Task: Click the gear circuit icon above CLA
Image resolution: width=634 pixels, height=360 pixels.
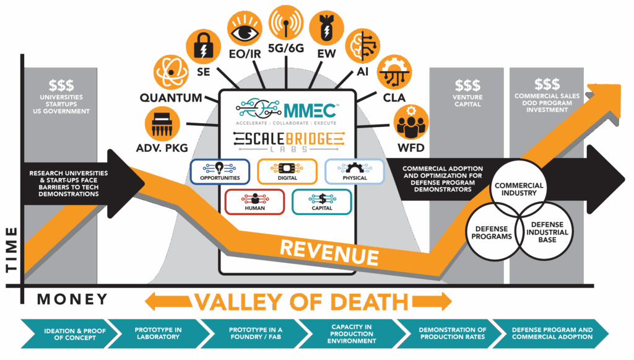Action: (393, 73)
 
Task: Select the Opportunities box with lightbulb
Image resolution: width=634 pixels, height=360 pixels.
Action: (220, 172)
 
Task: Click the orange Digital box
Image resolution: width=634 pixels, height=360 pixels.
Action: (287, 172)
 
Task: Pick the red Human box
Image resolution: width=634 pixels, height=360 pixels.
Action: (254, 201)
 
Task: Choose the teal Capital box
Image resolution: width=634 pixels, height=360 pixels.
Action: (322, 201)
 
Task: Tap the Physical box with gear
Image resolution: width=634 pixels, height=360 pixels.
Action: (355, 172)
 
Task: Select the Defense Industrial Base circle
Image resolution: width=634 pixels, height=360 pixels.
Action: (546, 232)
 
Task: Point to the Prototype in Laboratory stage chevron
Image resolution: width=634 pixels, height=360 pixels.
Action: (157, 333)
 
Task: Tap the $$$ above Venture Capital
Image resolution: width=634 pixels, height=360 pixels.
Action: (467, 85)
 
